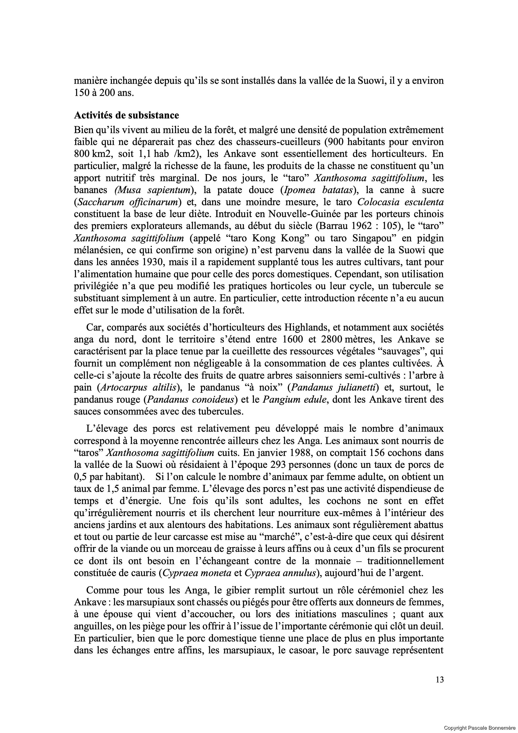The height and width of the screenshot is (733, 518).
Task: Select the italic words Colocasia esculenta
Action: click(401, 202)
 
